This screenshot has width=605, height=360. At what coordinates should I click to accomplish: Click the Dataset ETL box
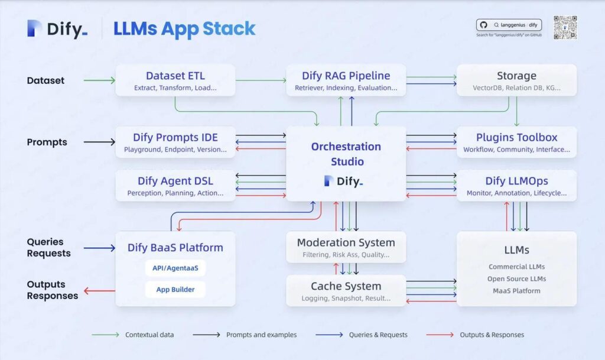click(x=175, y=80)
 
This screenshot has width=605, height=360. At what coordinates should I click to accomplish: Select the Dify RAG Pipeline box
click(x=346, y=80)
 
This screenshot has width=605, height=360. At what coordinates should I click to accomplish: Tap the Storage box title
click(x=516, y=76)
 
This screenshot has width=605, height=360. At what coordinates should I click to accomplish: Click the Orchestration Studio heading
click(x=346, y=154)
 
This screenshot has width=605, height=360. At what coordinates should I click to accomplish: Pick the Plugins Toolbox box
click(x=516, y=142)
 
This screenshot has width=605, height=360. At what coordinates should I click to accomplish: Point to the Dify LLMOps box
click(x=516, y=186)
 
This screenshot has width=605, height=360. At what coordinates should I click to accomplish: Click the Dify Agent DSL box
click(x=175, y=186)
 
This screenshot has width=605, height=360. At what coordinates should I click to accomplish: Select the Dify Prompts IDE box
click(x=175, y=142)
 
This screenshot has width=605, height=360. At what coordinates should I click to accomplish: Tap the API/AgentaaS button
click(x=175, y=268)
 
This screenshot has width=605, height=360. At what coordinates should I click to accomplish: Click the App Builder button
click(x=175, y=290)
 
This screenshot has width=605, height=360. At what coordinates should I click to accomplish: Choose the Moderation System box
click(x=346, y=247)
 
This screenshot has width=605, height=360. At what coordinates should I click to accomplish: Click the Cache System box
click(x=346, y=291)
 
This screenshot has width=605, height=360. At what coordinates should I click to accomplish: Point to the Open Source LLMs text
click(x=516, y=278)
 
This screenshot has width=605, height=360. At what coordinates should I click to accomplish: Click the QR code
click(x=565, y=28)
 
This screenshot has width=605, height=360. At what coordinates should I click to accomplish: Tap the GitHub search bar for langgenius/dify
click(x=509, y=25)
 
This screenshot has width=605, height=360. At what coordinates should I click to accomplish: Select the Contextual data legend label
click(x=149, y=335)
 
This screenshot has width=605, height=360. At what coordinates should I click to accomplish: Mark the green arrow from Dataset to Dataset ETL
click(x=99, y=80)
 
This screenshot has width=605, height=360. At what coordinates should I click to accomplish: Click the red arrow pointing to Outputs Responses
click(x=99, y=290)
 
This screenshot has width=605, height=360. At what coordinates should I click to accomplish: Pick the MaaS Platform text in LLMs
click(x=516, y=290)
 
